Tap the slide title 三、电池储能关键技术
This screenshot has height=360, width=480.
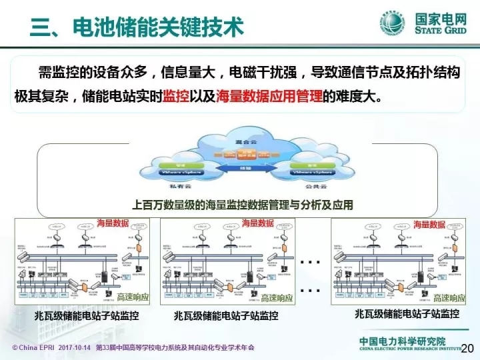(137, 27)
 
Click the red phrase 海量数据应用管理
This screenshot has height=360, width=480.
(269, 96)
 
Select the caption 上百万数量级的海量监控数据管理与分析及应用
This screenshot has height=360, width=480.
(243, 205)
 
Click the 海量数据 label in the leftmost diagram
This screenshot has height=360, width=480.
(113, 223)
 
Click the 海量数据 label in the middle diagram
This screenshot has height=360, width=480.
(258, 223)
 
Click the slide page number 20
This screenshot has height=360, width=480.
(467, 348)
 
